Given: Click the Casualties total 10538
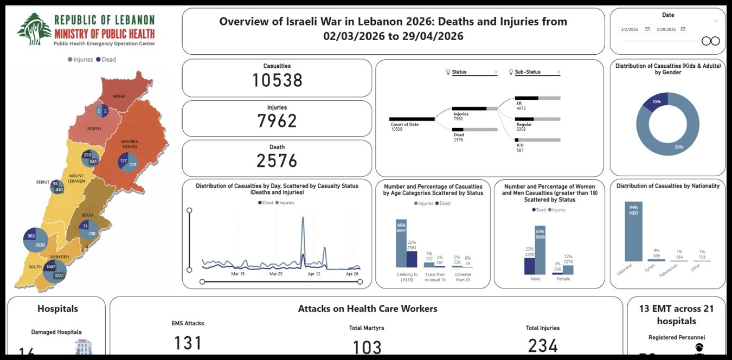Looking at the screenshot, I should pyautogui.click(x=277, y=80).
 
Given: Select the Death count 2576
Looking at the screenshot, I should pyautogui.click(x=277, y=161).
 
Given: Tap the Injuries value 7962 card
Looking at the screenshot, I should pyautogui.click(x=277, y=120).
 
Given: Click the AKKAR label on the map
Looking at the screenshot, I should pyautogui.click(x=119, y=96).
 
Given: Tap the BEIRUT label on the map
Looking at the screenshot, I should pyautogui.click(x=43, y=182).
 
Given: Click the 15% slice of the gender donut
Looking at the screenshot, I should pyautogui.click(x=656, y=101).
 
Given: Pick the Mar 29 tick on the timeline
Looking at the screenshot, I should pyautogui.click(x=276, y=274).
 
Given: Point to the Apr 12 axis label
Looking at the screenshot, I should pyautogui.click(x=314, y=274).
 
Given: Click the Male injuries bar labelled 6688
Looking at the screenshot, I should pyautogui.click(x=540, y=250).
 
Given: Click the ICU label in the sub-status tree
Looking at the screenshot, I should pyautogui.click(x=520, y=145).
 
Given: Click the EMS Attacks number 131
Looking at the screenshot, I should pyautogui.click(x=188, y=343).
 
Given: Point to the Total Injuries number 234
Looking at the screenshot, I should pyautogui.click(x=543, y=345).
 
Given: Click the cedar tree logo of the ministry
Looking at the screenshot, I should pyautogui.click(x=34, y=29).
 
